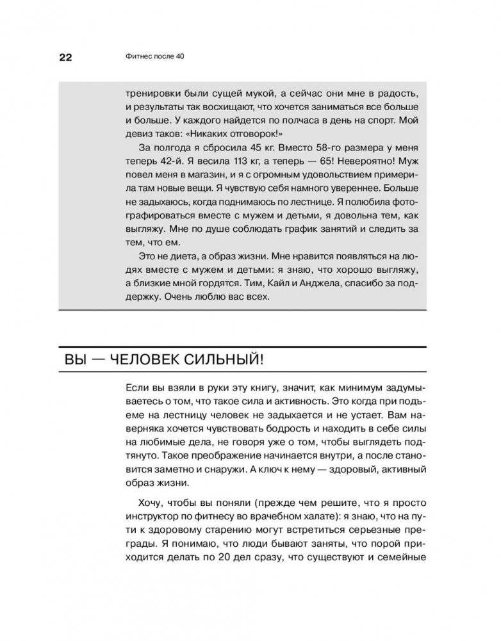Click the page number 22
(65, 56)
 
